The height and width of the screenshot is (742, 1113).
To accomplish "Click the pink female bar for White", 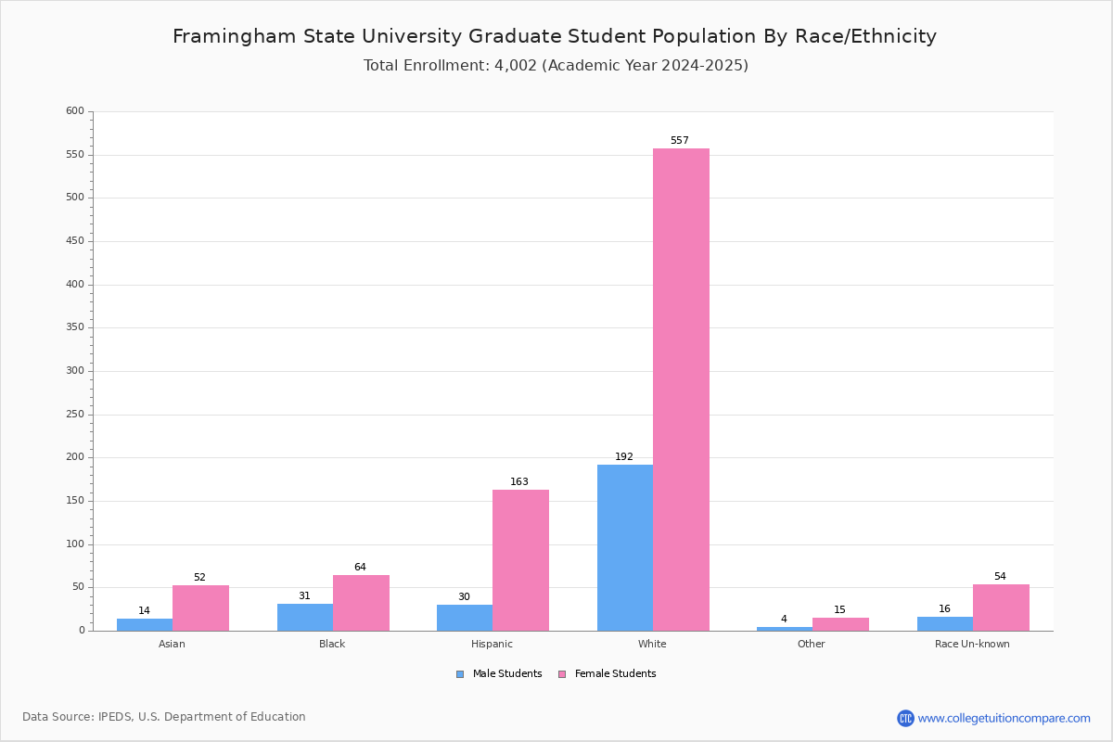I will click(x=681, y=390).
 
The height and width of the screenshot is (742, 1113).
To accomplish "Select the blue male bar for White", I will click(x=625, y=547).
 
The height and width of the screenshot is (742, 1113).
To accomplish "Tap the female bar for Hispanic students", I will click(x=520, y=560).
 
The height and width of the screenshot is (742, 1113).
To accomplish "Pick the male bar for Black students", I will click(x=305, y=617).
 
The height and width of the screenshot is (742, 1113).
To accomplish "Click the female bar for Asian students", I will click(x=200, y=608).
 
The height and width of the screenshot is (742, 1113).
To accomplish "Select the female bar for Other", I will click(x=840, y=624).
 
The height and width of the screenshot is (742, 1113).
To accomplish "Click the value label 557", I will click(x=680, y=141).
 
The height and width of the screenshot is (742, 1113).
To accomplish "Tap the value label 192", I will click(x=624, y=457).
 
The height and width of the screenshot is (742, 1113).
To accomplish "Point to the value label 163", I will click(x=519, y=482).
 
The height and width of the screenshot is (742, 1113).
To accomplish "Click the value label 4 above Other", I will click(x=784, y=620).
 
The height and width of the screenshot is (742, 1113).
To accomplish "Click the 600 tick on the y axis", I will click(x=75, y=111).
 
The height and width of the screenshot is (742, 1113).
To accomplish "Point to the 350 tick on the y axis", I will click(x=75, y=327).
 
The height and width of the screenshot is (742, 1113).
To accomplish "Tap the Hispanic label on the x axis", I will click(x=492, y=644).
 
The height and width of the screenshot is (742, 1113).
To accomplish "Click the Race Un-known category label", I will click(x=972, y=644).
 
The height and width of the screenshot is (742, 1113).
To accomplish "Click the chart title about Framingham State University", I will click(x=555, y=36).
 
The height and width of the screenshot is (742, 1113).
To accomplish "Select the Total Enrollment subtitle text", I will click(x=556, y=66).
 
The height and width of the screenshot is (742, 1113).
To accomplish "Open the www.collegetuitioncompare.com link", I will click(x=1004, y=718).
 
